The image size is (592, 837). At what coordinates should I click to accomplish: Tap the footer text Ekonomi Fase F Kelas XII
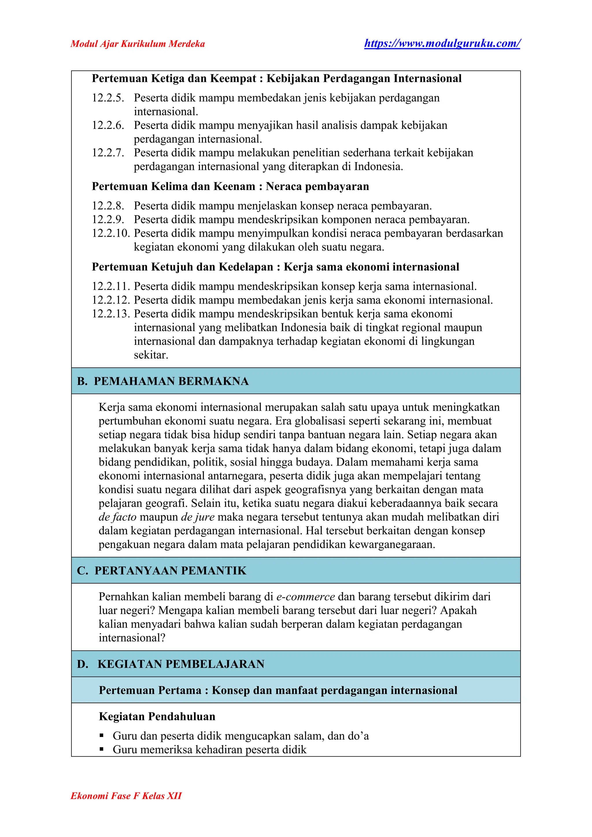pos(126,796)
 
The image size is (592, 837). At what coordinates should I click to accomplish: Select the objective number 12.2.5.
pos(108,98)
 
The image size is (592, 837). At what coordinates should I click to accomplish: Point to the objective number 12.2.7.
pos(108,153)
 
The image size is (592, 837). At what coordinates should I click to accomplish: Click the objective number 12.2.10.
pos(111,233)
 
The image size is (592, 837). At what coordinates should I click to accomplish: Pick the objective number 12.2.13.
pos(111,314)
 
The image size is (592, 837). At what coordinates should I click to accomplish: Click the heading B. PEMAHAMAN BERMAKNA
pos(162,381)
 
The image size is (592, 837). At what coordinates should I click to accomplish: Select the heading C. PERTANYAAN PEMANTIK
pos(162,571)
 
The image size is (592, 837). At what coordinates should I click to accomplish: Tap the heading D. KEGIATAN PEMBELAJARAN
pos(170,664)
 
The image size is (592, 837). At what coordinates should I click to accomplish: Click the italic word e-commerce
pos(305,597)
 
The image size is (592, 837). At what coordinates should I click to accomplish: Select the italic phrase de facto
pos(117,517)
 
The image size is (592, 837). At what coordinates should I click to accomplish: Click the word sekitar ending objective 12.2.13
pos(151,355)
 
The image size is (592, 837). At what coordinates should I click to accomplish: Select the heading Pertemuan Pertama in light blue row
pos(278,690)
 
